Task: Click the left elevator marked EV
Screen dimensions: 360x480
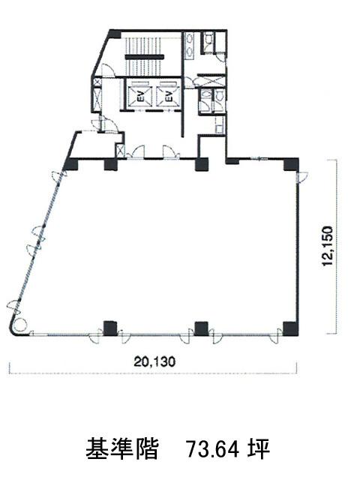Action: (139, 94)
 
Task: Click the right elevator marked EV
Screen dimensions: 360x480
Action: (168, 94)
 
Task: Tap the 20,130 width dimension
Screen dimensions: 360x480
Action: (154, 362)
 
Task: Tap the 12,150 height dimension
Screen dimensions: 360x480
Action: (328, 247)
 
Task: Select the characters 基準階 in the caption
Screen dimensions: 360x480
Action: (122, 449)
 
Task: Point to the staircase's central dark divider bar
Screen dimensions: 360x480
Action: (144, 56)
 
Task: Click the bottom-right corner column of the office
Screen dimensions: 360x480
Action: (290, 328)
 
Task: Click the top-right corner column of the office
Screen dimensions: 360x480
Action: (290, 164)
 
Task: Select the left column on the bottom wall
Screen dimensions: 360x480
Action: (110, 328)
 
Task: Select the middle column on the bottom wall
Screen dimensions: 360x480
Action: (202, 328)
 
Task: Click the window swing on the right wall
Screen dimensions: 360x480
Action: (301, 178)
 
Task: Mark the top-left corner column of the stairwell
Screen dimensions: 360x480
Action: (115, 34)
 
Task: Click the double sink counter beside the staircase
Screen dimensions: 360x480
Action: (190, 45)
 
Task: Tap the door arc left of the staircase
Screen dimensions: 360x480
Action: (107, 69)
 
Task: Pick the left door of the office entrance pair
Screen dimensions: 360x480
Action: (137, 152)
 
